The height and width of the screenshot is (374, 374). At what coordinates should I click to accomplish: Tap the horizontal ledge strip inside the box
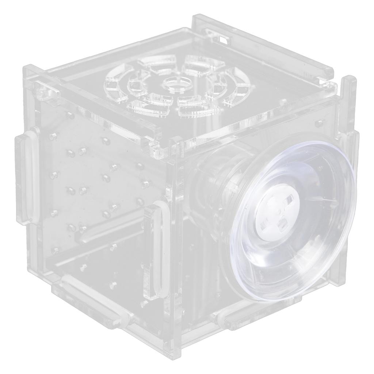tap(110, 230)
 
